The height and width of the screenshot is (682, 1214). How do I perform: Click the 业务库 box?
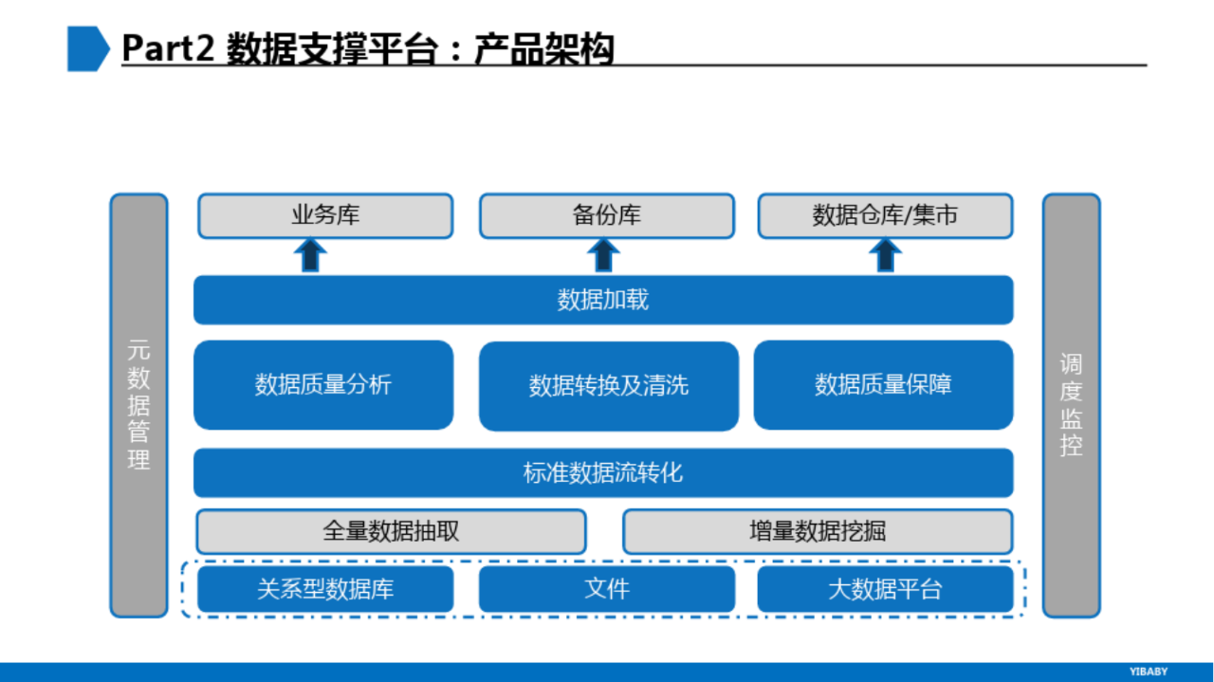coord(325,215)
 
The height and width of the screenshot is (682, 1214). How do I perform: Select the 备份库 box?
coord(606,215)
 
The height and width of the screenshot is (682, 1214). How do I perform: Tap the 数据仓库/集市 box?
coord(885,215)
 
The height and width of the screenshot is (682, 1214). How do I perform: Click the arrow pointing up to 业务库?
coord(310,254)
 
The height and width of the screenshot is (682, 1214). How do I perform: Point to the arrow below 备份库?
coord(603,254)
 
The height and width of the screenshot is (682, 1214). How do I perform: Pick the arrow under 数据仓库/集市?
coord(885,254)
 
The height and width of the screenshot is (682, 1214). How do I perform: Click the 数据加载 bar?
coord(603,300)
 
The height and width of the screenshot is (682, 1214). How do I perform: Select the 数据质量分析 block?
coord(323,385)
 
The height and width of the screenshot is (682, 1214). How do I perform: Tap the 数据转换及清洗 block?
coord(609,386)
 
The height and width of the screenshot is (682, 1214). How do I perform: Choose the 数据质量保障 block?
coord(883,385)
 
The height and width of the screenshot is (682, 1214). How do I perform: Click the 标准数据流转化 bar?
coord(603,472)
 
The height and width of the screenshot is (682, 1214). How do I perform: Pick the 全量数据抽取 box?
coord(392,531)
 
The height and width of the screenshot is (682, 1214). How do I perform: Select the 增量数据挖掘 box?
coord(818,531)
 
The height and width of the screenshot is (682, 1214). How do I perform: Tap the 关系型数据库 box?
coord(325,589)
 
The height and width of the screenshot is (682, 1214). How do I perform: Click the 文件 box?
coord(607,589)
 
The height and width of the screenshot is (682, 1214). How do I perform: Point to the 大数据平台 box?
coord(885,589)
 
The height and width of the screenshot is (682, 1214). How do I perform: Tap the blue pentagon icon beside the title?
coord(88,48)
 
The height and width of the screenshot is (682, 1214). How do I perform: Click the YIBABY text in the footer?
coord(1149,672)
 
